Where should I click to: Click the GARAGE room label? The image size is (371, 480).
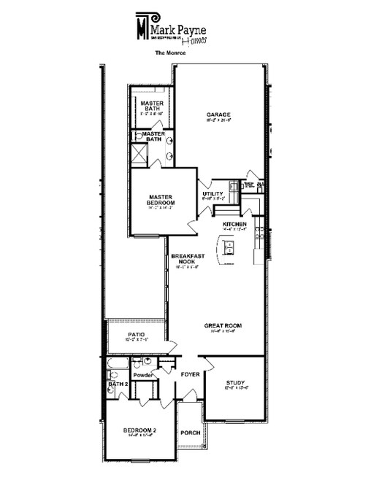pyautogui.click(x=218, y=115)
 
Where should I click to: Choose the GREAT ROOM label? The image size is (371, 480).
pyautogui.click(x=223, y=325)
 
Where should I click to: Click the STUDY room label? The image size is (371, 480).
pyautogui.click(x=234, y=382)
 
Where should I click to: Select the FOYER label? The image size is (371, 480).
pyautogui.click(x=190, y=374)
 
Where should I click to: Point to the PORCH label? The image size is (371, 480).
pyautogui.click(x=190, y=432)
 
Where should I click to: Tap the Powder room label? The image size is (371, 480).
pyautogui.click(x=142, y=375)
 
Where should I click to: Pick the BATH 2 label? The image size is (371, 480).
pyautogui.click(x=118, y=383)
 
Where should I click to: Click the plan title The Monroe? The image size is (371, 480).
pyautogui.click(x=169, y=53)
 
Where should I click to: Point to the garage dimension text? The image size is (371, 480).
pyautogui.click(x=218, y=121)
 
